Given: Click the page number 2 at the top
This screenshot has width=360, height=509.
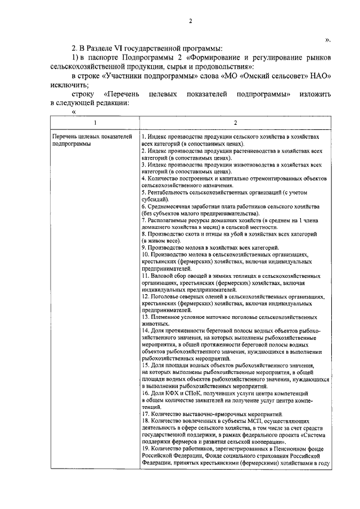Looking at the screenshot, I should coord(190,21).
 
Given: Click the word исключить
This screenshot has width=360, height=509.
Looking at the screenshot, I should coord(65,85).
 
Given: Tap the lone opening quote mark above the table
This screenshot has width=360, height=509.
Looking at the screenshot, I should coord(73,112).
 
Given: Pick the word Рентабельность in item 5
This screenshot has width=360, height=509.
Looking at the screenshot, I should coord(165,192).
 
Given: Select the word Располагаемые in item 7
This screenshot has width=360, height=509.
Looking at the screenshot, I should coord(168,220).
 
